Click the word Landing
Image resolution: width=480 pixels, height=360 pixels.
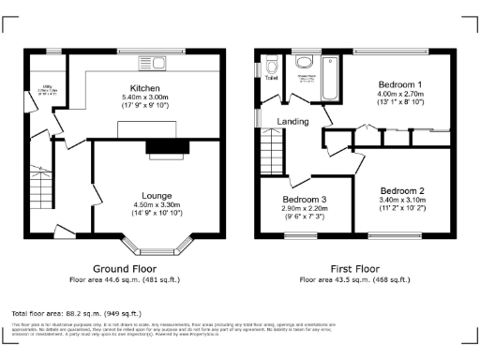click(x=293, y=121)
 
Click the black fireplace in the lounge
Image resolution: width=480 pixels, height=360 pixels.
click(x=166, y=146)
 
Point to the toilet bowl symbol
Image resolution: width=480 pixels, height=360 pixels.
click(x=271, y=66)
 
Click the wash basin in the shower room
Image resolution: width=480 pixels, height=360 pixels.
click(x=305, y=64)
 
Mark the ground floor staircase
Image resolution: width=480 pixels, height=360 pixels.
click(x=40, y=187)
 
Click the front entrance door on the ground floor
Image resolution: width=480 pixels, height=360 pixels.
click(x=65, y=229)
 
